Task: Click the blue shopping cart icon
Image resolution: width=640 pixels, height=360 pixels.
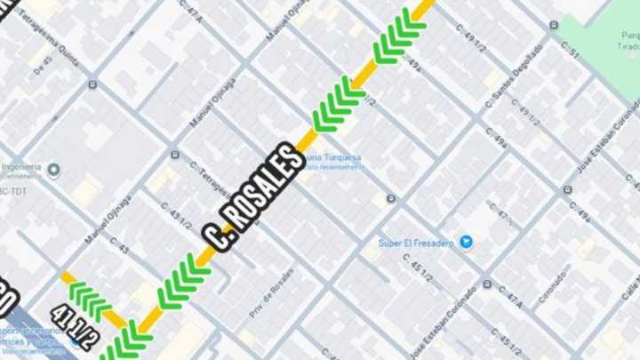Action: point(465,241)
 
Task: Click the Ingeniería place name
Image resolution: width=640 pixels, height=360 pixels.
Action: point(20,167)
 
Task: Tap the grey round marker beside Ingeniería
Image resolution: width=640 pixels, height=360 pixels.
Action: point(53,169)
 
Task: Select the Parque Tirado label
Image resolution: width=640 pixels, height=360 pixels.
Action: point(630,41)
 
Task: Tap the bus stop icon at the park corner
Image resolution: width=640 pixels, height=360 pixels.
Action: point(554,25)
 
